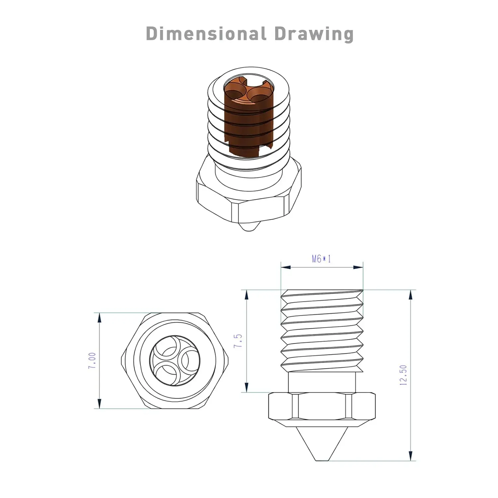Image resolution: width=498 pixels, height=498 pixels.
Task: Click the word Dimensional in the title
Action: point(206,34)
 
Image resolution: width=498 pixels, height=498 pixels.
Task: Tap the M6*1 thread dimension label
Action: point(321,259)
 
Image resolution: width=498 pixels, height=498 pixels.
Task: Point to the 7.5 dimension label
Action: point(238,341)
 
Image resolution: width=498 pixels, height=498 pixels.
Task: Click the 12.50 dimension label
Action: point(403,375)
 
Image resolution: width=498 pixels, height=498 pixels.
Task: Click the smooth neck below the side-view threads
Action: point(322,382)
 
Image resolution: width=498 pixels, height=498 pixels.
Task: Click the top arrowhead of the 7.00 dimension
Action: point(99,317)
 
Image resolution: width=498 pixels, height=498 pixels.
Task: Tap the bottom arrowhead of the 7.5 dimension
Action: point(246,388)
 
